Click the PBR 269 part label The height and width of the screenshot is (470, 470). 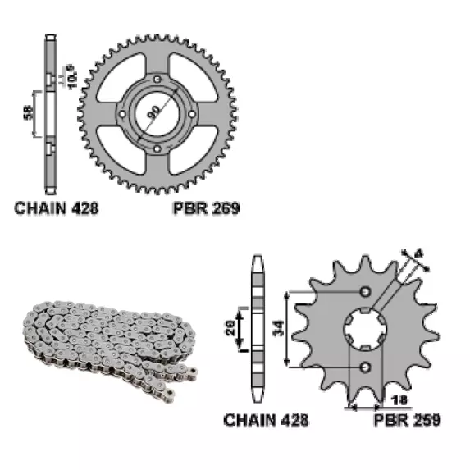pyautogui.click(x=207, y=208)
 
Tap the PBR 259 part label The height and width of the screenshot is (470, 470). pyautogui.click(x=408, y=420)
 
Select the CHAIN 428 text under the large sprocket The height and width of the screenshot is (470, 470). pyautogui.click(x=57, y=208)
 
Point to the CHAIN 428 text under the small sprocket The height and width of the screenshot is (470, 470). pyautogui.click(x=266, y=420)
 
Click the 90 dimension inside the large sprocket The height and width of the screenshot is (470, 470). pyautogui.click(x=154, y=112)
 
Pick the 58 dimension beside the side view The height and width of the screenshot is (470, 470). pyautogui.click(x=28, y=112)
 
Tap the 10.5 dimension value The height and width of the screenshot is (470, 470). pyautogui.click(x=72, y=76)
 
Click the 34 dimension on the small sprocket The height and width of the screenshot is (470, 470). pyautogui.click(x=279, y=328)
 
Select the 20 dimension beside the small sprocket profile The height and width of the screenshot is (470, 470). pyautogui.click(x=230, y=328)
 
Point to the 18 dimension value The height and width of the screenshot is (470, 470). pyautogui.click(x=399, y=399)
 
